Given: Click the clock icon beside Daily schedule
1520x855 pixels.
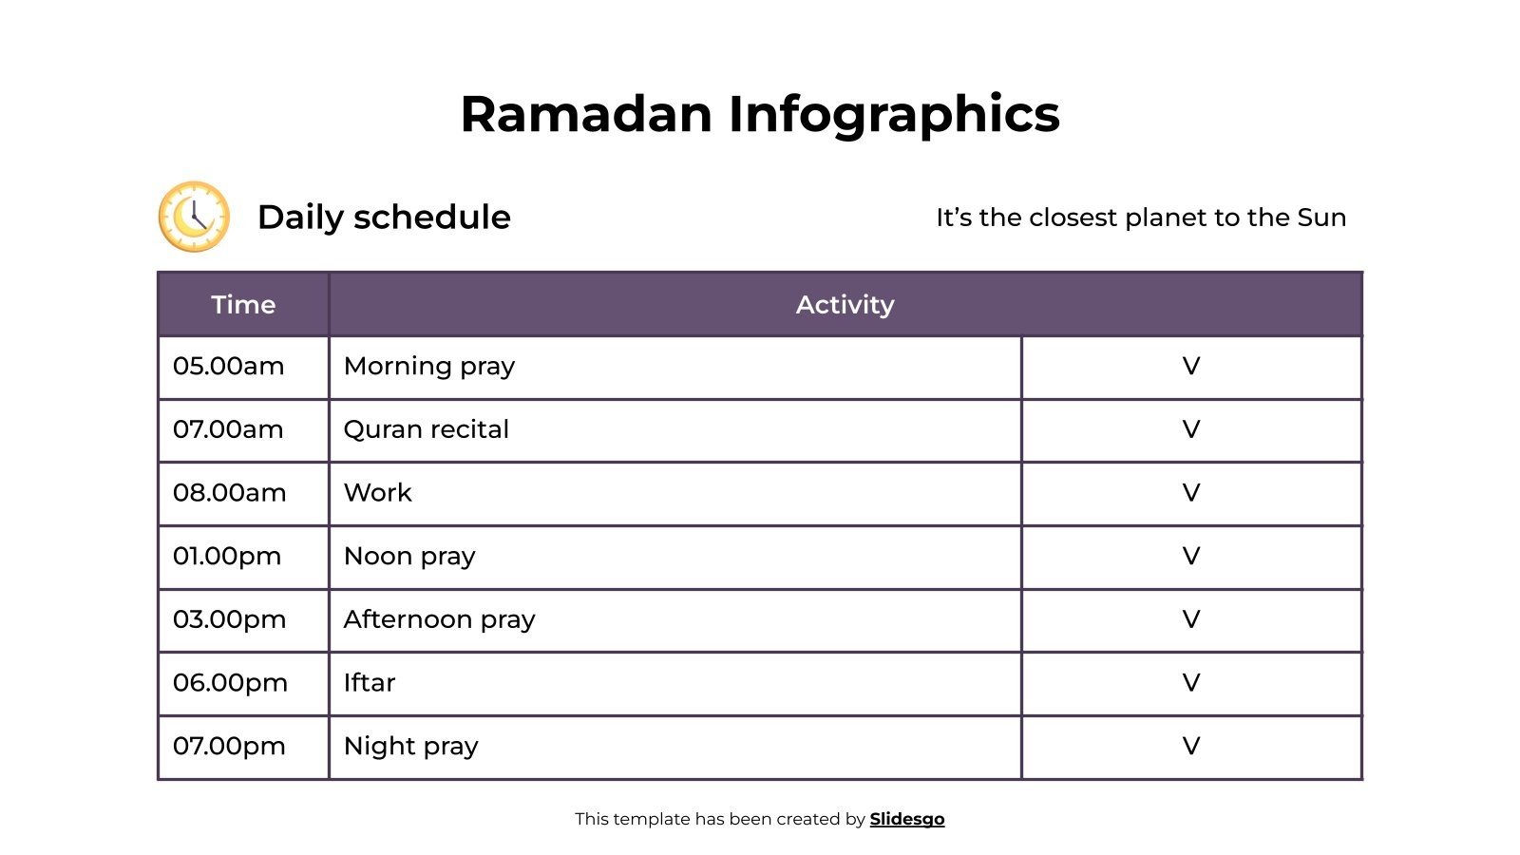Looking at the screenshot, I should click(x=194, y=217).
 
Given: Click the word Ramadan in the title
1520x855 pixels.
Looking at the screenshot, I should click(x=586, y=114).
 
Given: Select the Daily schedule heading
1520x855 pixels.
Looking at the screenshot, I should click(x=384, y=217).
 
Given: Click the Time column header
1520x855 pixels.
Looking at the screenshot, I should click(x=243, y=304).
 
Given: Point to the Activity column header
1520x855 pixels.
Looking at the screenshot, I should click(x=845, y=304).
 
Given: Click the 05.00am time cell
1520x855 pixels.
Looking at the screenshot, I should click(x=229, y=366).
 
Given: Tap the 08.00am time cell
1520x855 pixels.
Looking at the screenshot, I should click(x=229, y=492).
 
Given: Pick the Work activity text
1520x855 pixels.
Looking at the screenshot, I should click(x=378, y=492).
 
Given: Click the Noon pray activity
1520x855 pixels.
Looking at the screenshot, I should click(x=409, y=556).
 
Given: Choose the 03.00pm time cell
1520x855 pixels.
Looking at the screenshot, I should click(x=229, y=619).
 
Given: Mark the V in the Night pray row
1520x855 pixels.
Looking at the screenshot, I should click(x=1191, y=746).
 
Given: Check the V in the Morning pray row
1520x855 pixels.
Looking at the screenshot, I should click(x=1191, y=366).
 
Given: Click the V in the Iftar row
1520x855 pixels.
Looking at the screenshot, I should click(x=1191, y=682).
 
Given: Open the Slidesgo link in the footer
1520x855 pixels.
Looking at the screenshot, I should click(x=907, y=819).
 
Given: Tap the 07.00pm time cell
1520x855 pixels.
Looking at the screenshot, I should click(x=229, y=746).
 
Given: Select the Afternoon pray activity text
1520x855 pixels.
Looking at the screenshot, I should click(x=440, y=619).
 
